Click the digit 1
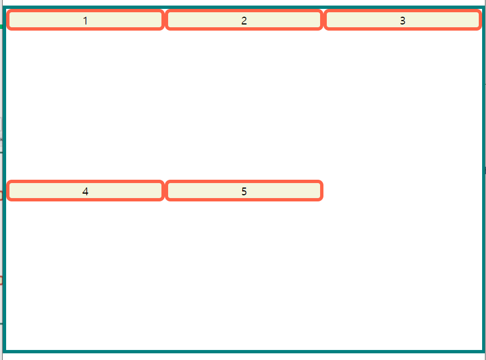[x=85, y=21]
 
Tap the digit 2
[x=244, y=21]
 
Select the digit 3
[x=402, y=21]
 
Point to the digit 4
[x=85, y=191]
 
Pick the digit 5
[x=244, y=191]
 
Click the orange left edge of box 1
[x=8, y=20]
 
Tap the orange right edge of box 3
[x=480, y=20]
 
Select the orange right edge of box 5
[x=322, y=191]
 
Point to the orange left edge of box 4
[x=8, y=191]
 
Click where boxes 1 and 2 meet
[x=164, y=20]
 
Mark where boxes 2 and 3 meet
[x=323, y=20]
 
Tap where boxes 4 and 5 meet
[x=164, y=191]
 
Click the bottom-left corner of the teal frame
[x=4, y=351]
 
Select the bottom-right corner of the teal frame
[x=482, y=351]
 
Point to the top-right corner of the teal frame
[x=482, y=8]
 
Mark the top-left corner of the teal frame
[x=4, y=8]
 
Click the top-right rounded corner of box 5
[x=320, y=183]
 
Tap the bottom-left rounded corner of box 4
[x=10, y=199]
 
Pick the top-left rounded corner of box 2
[x=168, y=12]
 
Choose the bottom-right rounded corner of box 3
[x=478, y=28]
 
